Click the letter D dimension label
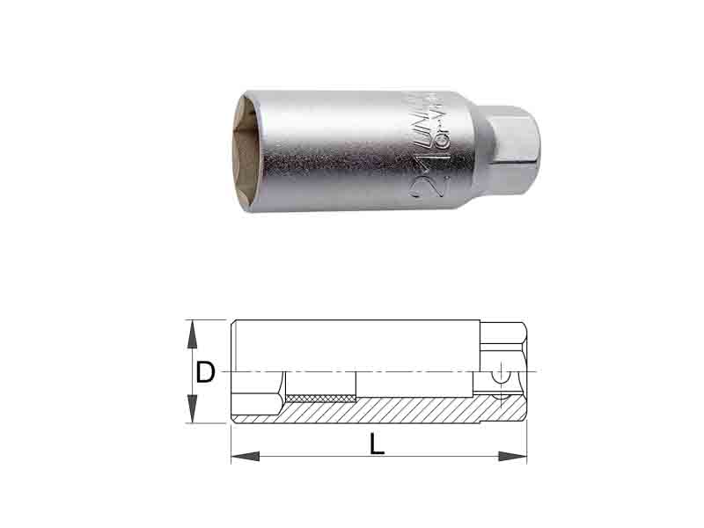205,373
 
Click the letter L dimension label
378,444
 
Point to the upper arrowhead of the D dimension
190,330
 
